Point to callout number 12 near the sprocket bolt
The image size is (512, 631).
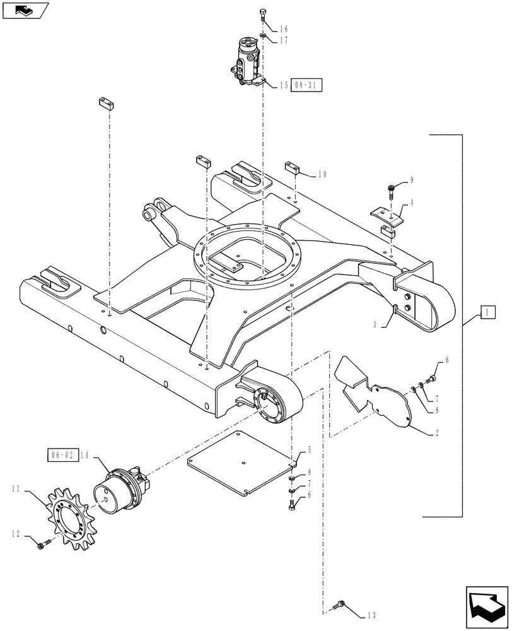14,534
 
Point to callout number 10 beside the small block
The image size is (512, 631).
322,174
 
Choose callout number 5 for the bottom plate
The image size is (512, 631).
310,450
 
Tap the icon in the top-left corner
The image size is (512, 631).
25,10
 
